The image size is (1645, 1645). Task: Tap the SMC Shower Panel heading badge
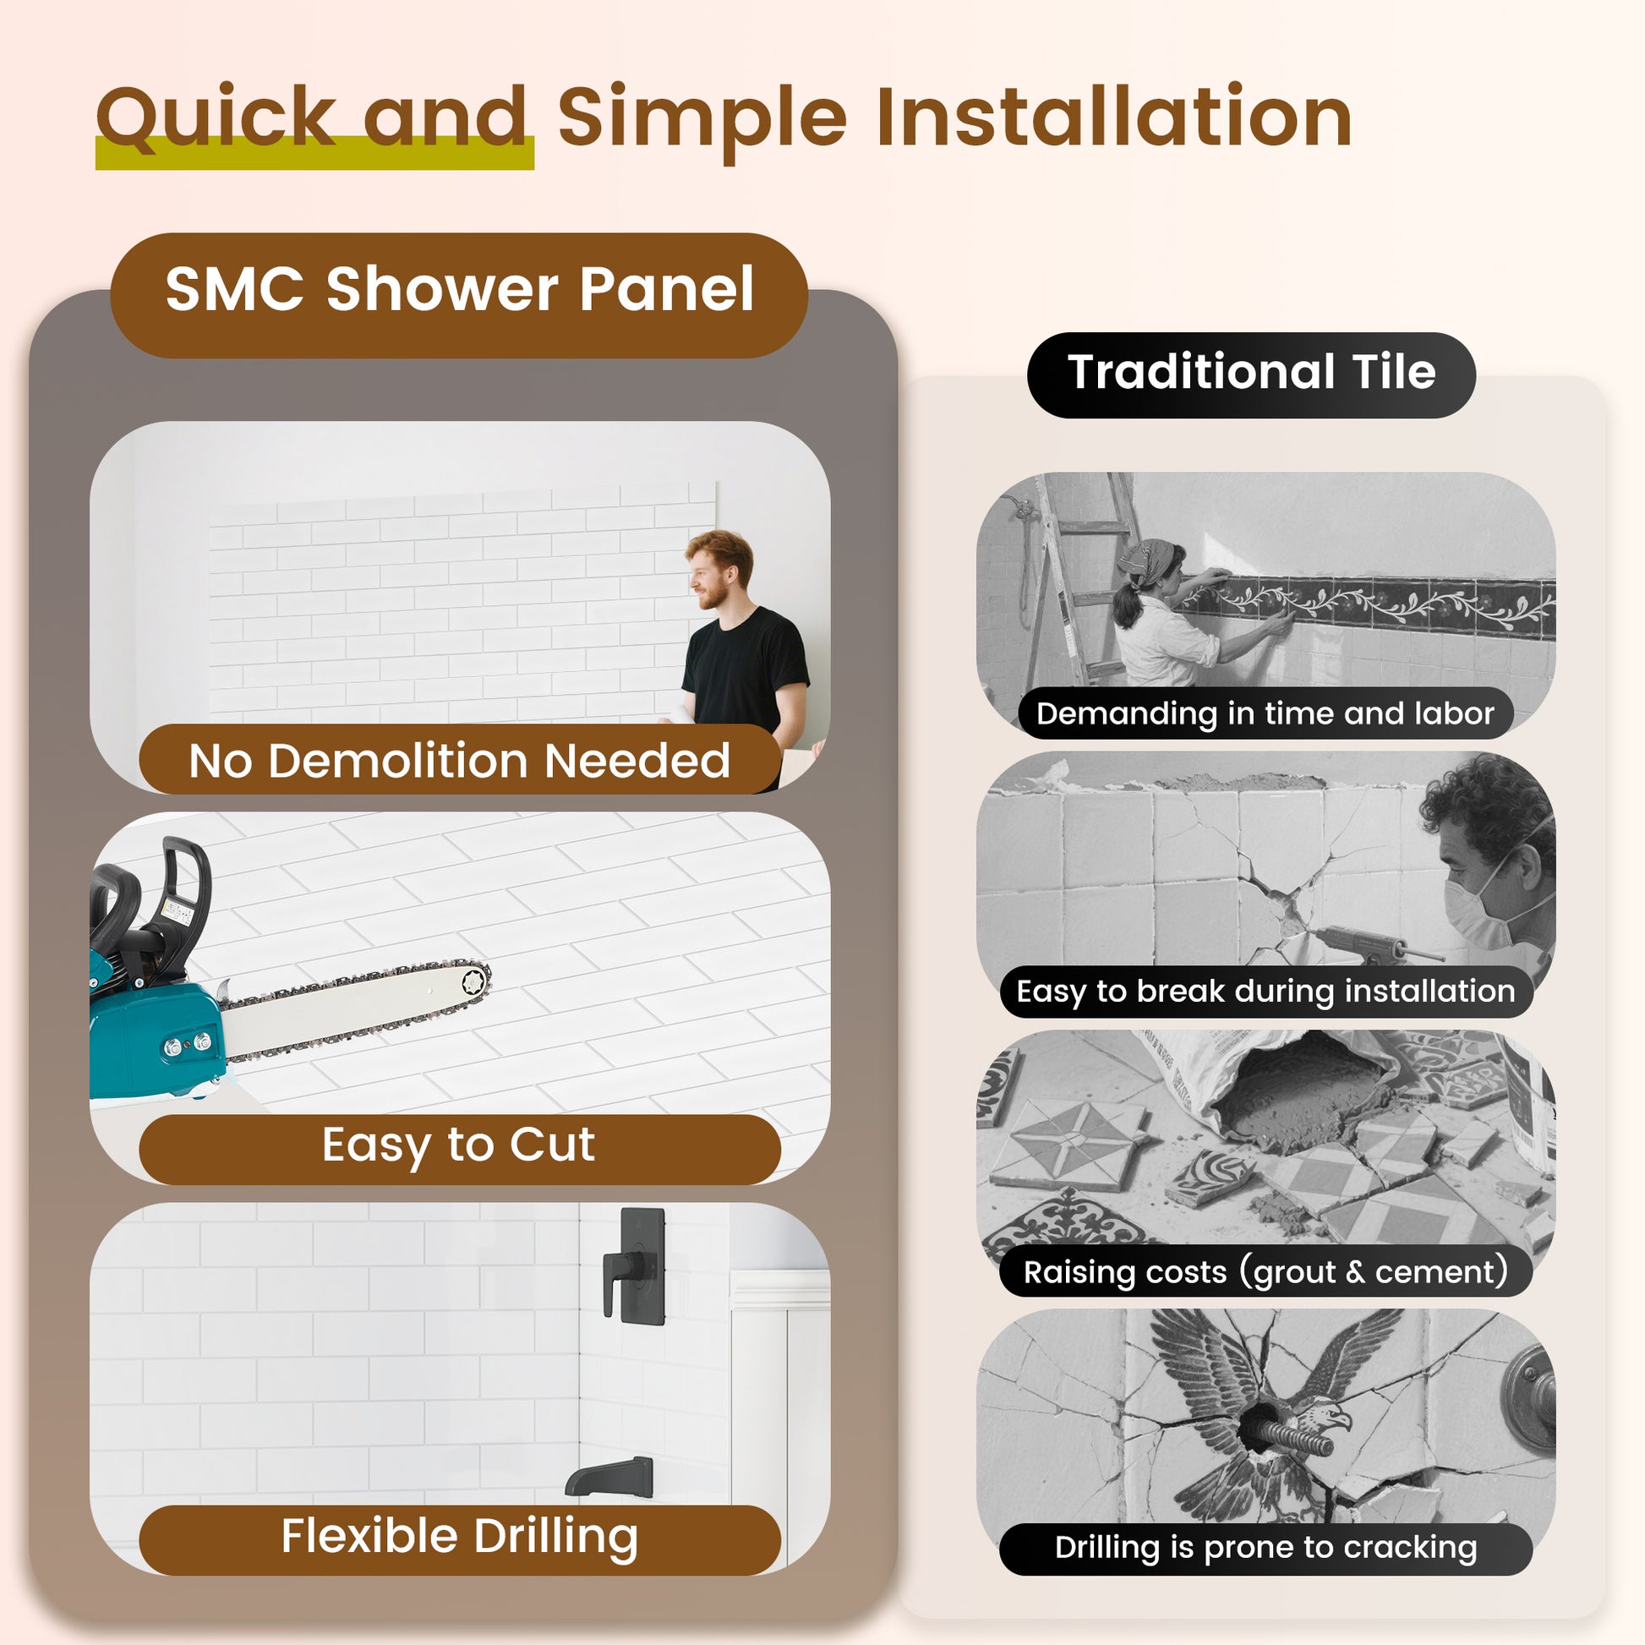[459, 290]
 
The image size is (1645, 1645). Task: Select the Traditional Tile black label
[1251, 373]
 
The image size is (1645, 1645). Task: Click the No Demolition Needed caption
[459, 760]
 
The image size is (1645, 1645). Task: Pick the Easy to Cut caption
[459, 1145]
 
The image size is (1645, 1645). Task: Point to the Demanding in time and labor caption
[1265, 713]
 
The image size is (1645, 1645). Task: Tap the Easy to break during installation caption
[1265, 991]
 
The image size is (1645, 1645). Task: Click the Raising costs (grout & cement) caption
[1265, 1272]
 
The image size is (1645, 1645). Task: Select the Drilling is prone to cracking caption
[1265, 1547]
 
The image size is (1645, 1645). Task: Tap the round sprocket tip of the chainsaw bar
[473, 982]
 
